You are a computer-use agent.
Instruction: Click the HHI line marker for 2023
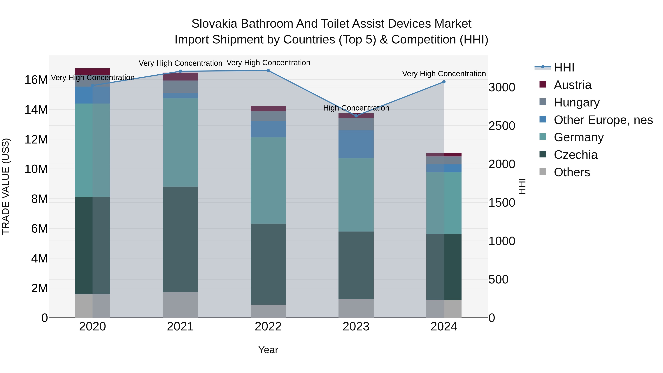356,116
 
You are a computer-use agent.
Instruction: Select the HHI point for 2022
268,71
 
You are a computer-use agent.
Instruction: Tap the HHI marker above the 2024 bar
444,82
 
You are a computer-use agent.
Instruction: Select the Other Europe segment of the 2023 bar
356,144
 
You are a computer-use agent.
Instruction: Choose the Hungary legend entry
576,102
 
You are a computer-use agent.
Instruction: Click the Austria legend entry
572,85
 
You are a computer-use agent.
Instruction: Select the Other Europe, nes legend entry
603,120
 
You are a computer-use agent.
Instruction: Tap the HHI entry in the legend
564,67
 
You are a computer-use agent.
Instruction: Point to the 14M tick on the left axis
36,110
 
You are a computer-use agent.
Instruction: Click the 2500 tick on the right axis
502,126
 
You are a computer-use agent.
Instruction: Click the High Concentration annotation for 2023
356,108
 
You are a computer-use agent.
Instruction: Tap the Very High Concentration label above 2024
444,74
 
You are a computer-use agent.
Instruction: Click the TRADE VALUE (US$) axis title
6,186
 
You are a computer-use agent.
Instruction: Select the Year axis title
268,350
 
